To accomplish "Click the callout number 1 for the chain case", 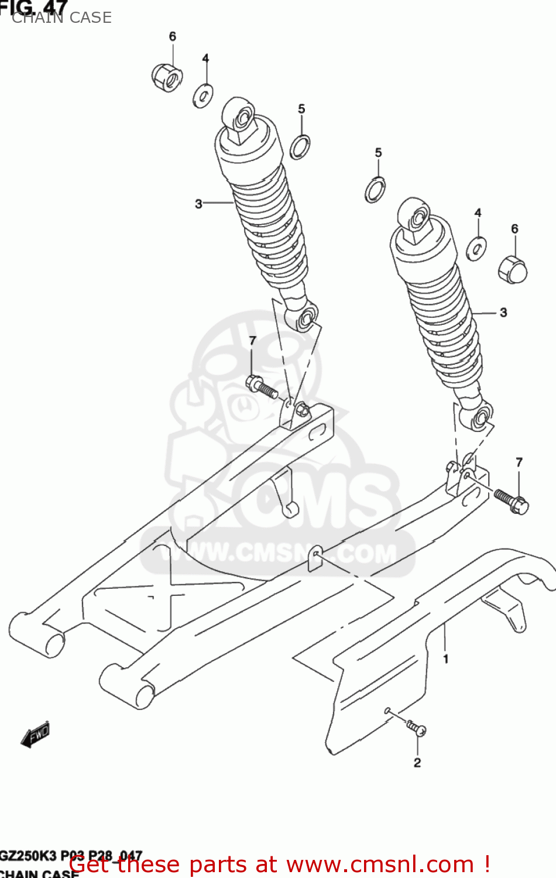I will [446, 659].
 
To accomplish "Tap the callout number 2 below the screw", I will [417, 763].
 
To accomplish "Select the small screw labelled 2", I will [416, 728].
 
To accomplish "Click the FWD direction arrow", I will [36, 734].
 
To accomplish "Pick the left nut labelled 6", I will [167, 77].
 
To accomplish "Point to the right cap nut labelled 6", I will [513, 269].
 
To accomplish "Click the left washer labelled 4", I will [203, 95].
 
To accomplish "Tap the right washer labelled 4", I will [476, 248].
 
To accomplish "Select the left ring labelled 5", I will [300, 147].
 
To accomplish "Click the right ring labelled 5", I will [375, 189].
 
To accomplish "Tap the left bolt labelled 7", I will [261, 387].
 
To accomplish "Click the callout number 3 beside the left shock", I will [198, 204].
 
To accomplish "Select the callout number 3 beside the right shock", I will [503, 313].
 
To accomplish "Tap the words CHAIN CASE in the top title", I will [61, 18].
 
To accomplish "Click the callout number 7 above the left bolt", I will [252, 341].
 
